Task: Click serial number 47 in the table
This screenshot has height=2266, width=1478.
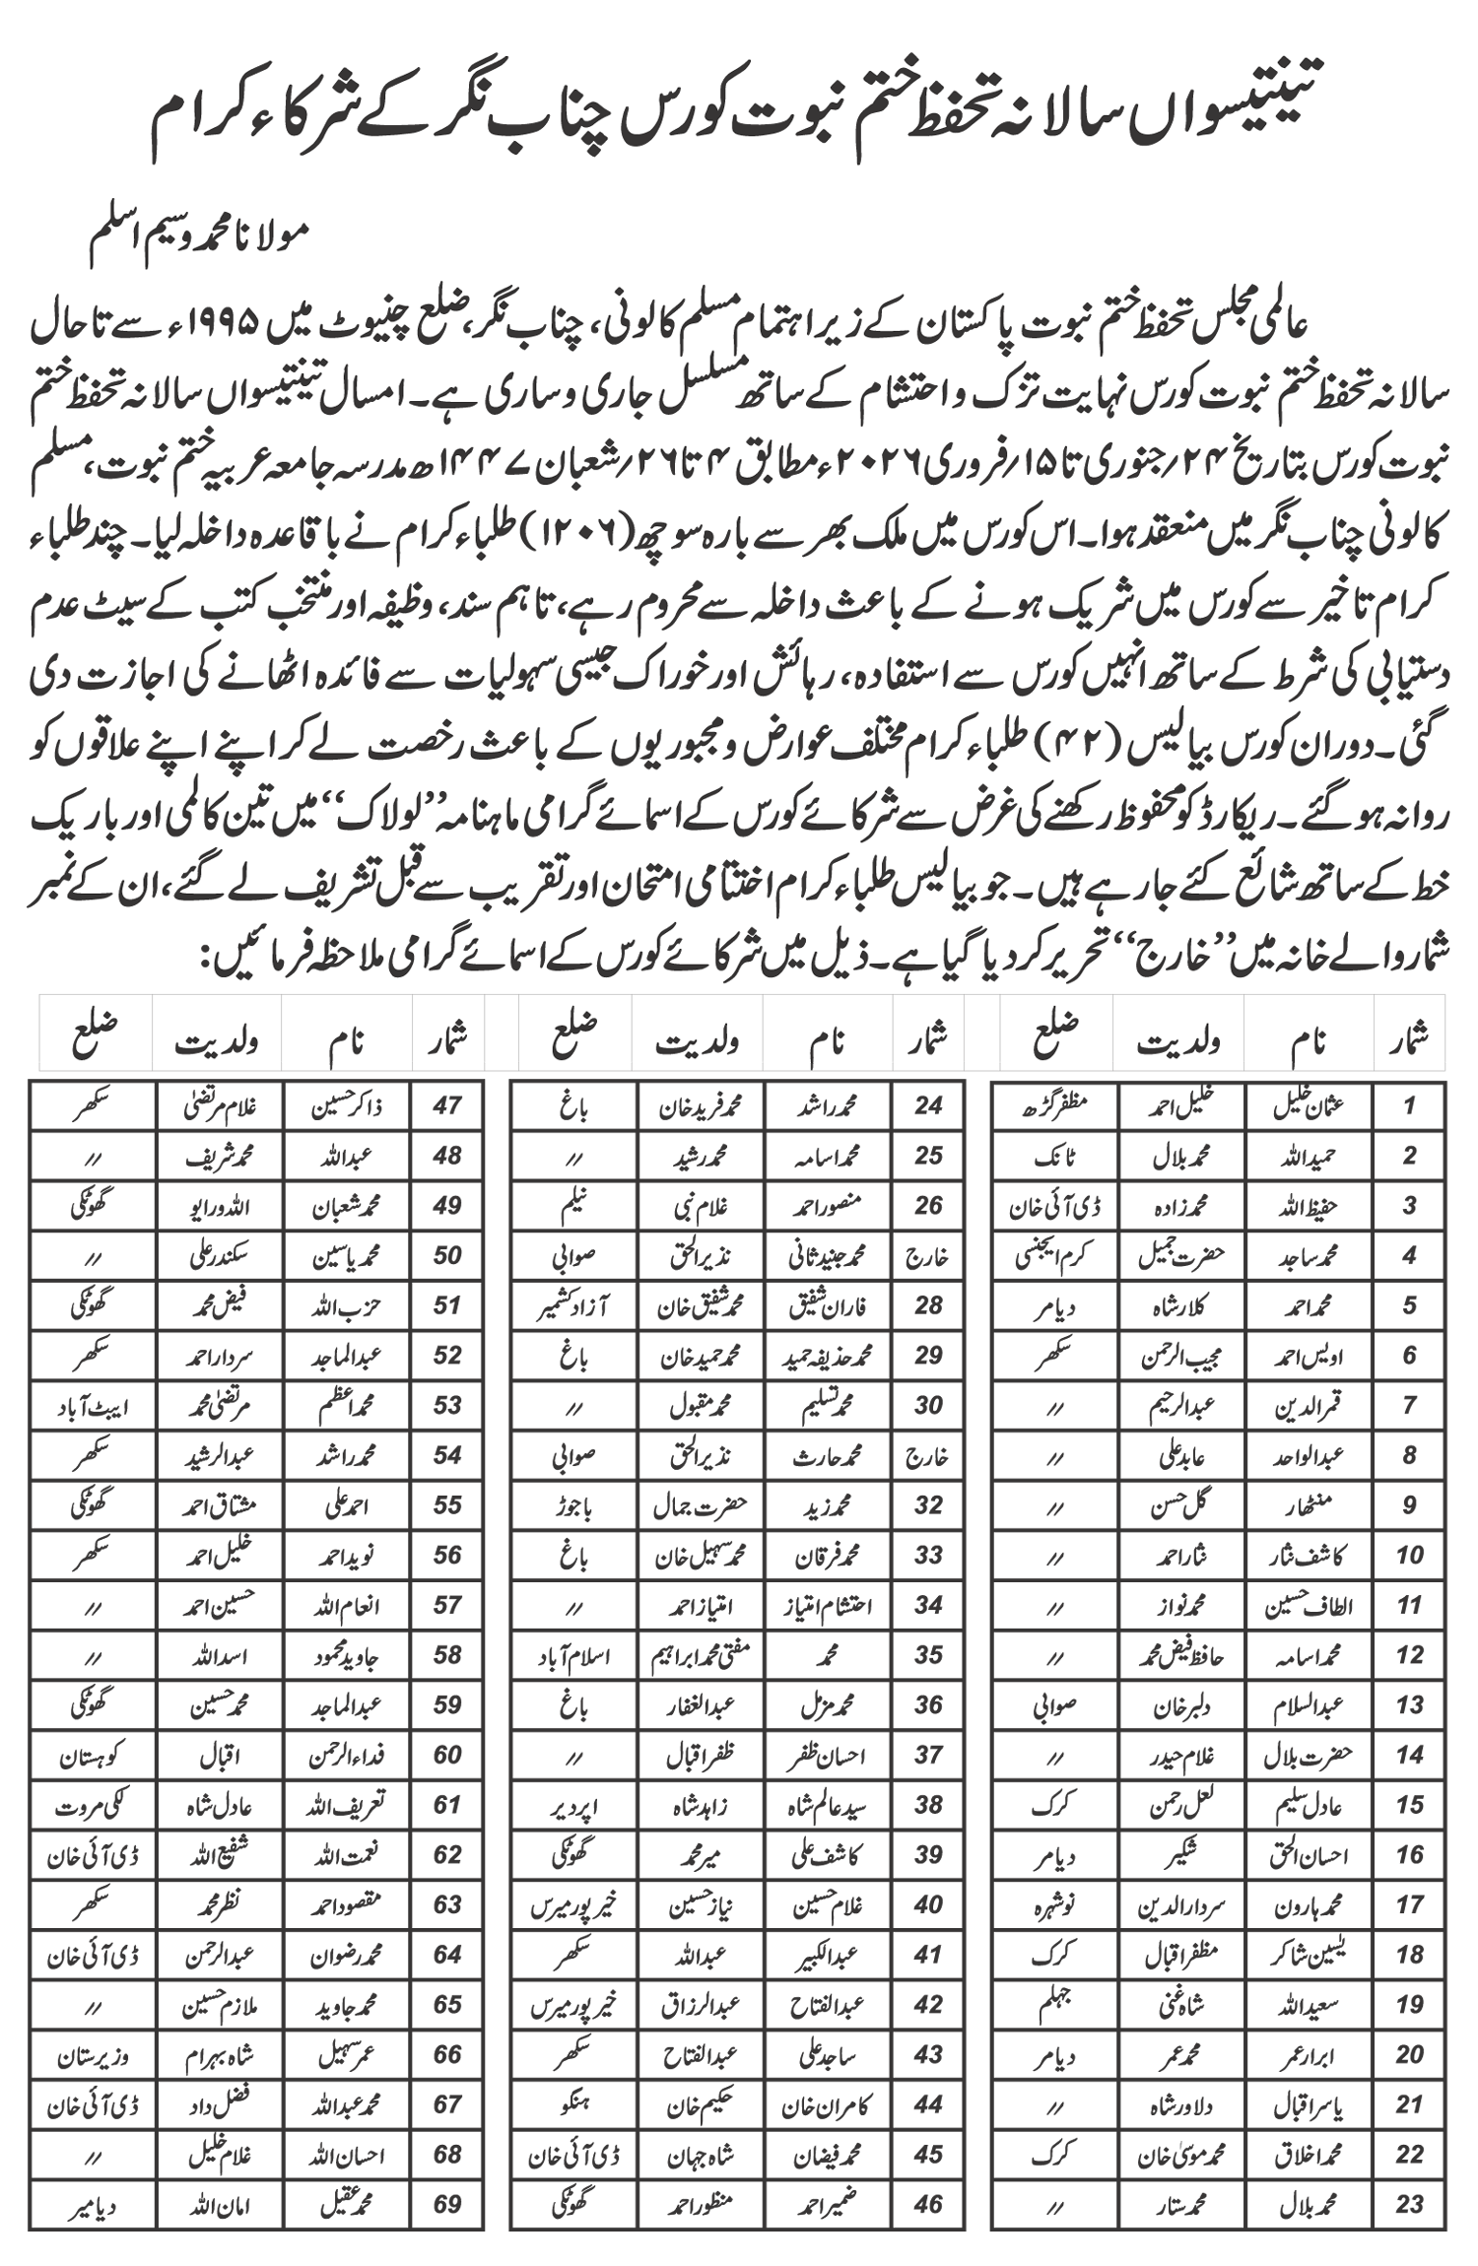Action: click(x=446, y=1105)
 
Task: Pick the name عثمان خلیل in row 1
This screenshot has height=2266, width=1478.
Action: click(x=1309, y=1105)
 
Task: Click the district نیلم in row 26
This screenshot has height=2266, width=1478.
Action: click(x=572, y=1206)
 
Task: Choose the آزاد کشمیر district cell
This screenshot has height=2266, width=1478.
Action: click(x=572, y=1306)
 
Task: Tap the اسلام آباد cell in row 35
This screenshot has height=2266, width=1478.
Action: click(x=572, y=1656)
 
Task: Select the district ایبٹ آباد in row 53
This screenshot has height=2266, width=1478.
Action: click(x=92, y=1406)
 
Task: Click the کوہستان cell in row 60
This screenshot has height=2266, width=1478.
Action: click(x=92, y=1756)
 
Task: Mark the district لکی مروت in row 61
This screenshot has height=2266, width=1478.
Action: click(x=92, y=1806)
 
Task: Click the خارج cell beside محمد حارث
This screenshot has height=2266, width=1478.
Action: click(x=927, y=1456)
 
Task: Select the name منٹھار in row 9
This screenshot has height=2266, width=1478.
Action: click(x=1309, y=1506)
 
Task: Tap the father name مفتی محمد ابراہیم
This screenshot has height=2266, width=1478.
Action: click(x=701, y=1656)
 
